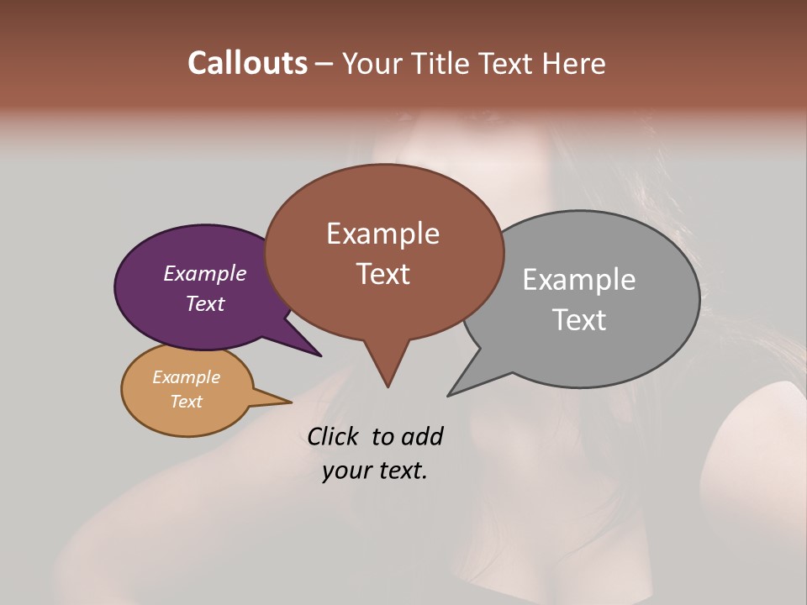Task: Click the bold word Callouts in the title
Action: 247,63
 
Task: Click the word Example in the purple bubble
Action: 204,273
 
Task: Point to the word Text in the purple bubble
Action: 204,303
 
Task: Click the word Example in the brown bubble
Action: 382,234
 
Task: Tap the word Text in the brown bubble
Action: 382,274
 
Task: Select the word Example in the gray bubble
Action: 578,279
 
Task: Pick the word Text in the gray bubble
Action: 578,319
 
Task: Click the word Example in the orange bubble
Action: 186,377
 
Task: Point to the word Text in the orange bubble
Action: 186,401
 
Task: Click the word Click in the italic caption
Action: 334,436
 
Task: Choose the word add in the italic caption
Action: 421,436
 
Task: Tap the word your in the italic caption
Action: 345,471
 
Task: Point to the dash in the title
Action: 325,64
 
